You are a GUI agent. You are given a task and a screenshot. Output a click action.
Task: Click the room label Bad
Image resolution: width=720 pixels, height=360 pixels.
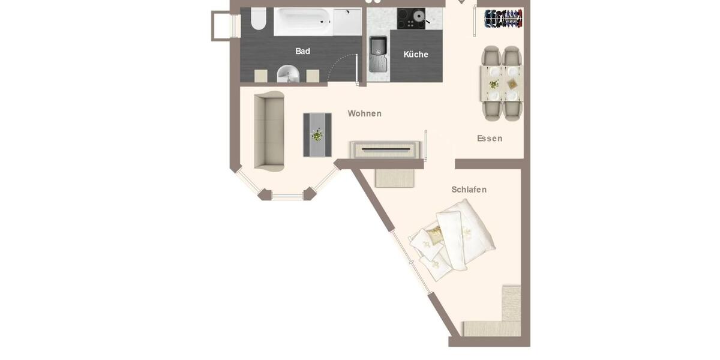(x=302, y=52)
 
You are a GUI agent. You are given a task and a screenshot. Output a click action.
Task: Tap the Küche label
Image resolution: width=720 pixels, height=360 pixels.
(x=416, y=55)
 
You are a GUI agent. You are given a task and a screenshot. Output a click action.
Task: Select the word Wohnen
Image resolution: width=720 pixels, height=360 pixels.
(x=364, y=113)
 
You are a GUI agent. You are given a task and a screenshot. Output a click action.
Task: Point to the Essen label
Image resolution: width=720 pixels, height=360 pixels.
(x=490, y=139)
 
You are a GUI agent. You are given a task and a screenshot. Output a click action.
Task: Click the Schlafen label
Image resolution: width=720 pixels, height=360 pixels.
(x=469, y=190)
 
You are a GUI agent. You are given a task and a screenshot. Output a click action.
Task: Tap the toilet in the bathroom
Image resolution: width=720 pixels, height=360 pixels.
(x=258, y=19)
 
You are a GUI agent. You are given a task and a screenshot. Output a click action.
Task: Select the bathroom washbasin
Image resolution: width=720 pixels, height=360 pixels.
(x=288, y=74)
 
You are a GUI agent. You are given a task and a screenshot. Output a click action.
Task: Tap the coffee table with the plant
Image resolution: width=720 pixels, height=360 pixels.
(x=317, y=135)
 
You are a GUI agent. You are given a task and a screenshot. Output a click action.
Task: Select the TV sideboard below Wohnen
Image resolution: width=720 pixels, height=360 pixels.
(x=385, y=149)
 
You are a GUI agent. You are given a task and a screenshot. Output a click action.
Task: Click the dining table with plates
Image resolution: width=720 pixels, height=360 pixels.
(x=502, y=83)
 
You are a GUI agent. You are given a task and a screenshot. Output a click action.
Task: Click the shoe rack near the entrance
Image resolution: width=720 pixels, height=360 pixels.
(x=503, y=19)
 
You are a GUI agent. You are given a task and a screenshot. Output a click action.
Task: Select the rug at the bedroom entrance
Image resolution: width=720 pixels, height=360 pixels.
(x=395, y=178)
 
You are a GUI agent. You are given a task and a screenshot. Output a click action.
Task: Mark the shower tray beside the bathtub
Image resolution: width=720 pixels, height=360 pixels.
(x=347, y=22)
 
